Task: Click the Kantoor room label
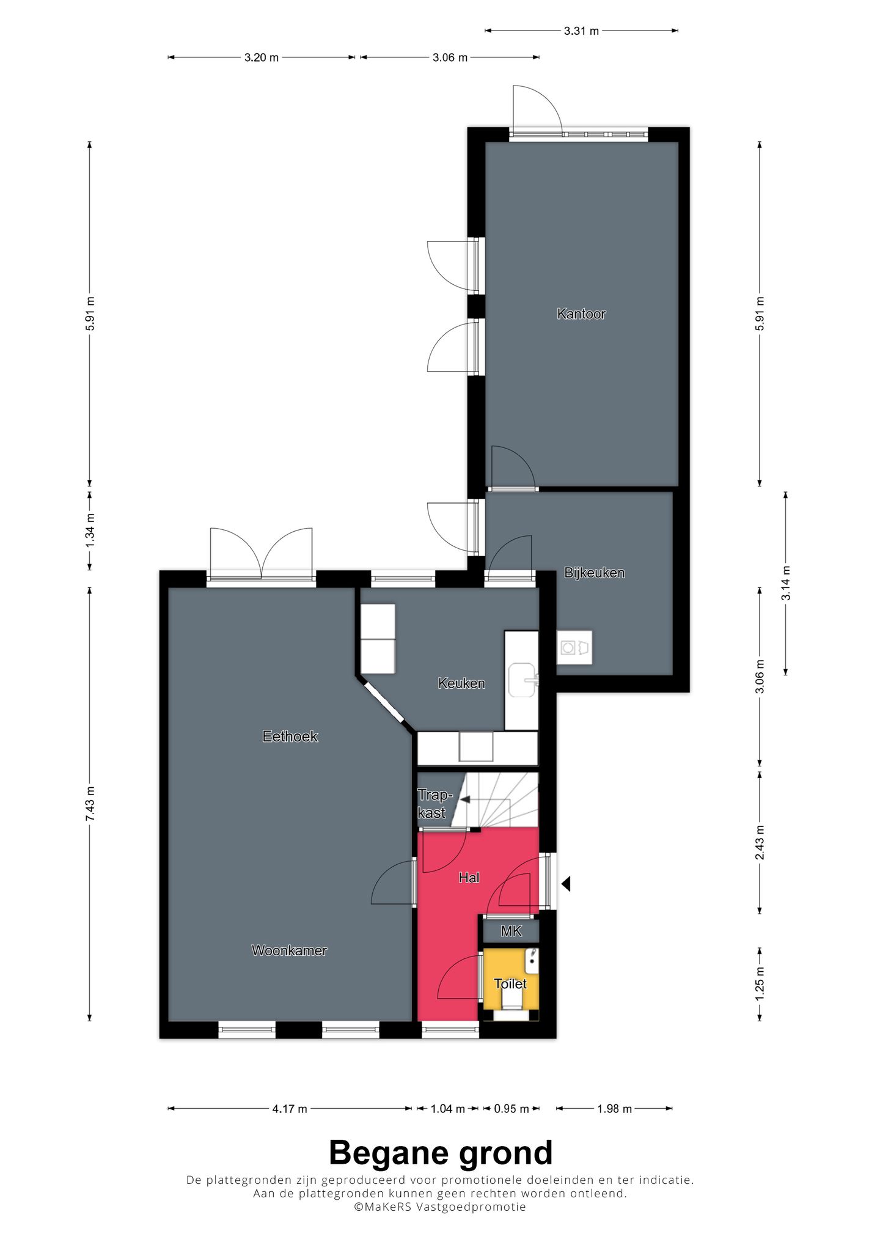tap(581, 314)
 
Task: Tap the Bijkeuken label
tap(594, 573)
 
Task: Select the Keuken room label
tap(461, 683)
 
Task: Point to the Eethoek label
tap(290, 736)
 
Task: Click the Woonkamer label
tap(289, 950)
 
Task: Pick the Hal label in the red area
tap(469, 878)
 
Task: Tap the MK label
tap(511, 931)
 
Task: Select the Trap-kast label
tap(435, 804)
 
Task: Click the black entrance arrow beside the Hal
tap(566, 883)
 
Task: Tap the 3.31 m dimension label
tap(581, 31)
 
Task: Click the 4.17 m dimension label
tap(290, 1108)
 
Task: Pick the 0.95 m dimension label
tap(511, 1108)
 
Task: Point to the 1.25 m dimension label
tap(760, 983)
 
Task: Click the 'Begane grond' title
tap(441, 1153)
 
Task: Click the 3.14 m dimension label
tap(786, 582)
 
